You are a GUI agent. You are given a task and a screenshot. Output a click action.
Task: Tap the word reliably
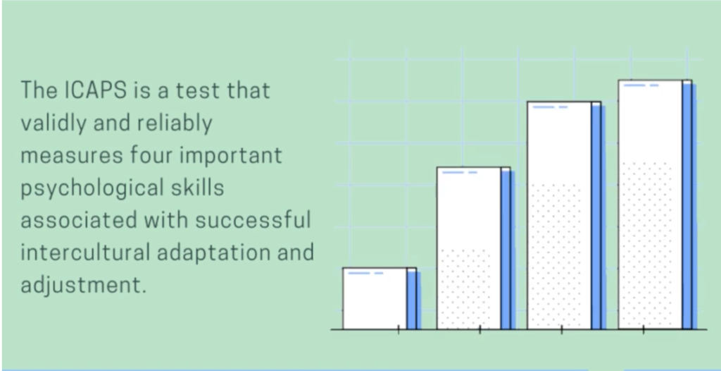pyautogui.click(x=173, y=123)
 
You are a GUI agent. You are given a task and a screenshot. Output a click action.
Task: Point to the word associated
pyautogui.click(x=78, y=220)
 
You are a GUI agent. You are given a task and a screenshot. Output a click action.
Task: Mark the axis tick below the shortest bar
pyautogui.click(x=399, y=329)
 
